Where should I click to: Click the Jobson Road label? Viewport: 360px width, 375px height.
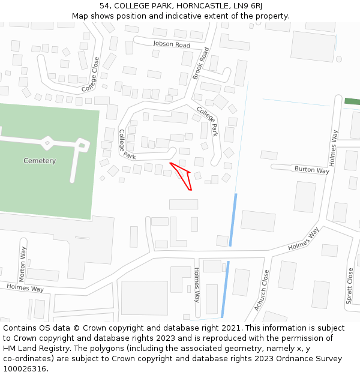171,45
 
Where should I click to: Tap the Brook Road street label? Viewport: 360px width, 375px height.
201,63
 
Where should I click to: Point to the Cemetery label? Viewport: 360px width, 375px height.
40,161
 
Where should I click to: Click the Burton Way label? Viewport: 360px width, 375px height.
311,170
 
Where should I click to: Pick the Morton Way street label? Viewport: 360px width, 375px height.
23,264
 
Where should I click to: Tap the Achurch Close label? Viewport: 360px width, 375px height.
261,290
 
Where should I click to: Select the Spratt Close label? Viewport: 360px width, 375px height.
350,286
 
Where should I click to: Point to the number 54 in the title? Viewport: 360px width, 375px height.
105,5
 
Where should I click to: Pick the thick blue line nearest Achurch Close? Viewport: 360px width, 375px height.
224,289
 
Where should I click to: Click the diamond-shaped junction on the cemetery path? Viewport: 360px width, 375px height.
47,142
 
